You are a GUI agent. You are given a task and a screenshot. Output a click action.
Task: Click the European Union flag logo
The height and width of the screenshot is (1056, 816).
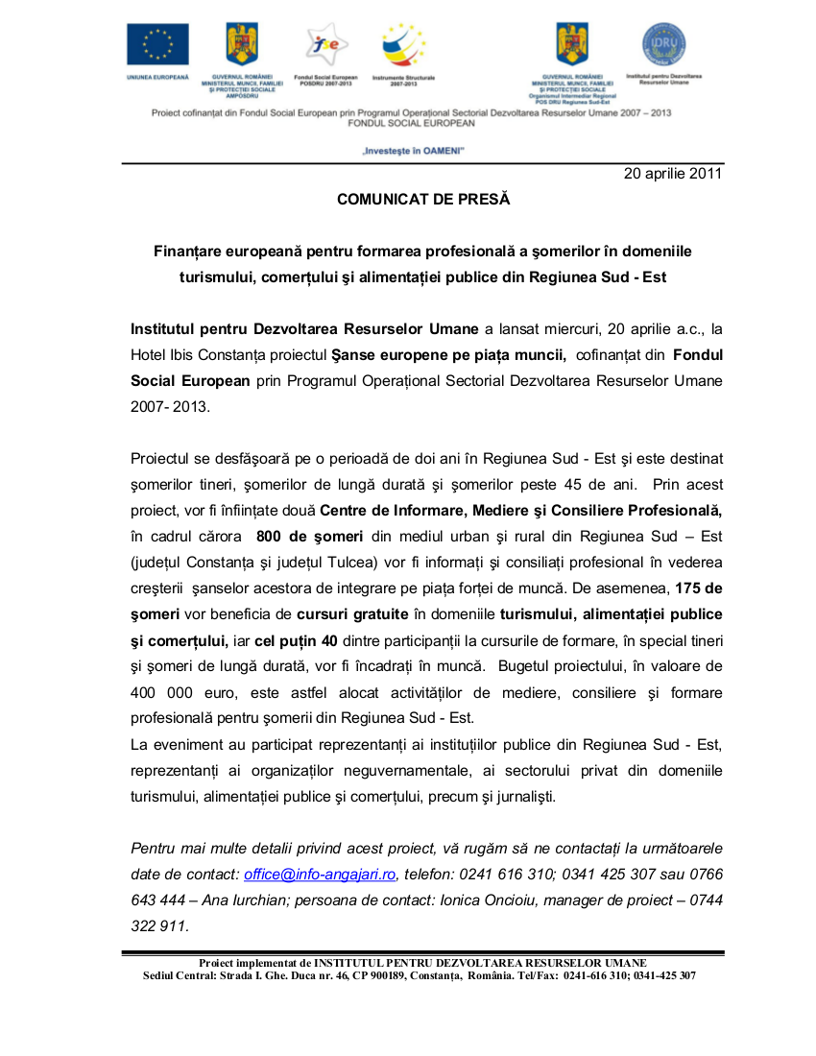point(157,44)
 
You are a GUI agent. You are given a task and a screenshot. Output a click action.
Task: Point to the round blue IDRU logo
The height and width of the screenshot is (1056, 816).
point(663,43)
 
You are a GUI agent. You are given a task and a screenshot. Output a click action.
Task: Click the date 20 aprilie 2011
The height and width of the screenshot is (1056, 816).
point(673,174)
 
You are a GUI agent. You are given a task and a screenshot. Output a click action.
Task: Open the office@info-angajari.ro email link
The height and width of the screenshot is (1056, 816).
point(320,875)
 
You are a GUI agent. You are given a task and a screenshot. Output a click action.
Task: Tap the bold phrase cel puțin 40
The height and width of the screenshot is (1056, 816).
point(297,640)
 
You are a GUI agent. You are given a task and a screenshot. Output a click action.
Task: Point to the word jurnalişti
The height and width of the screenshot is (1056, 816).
point(520,796)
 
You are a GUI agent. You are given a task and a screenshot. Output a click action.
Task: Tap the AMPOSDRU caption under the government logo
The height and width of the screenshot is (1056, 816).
point(242,96)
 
